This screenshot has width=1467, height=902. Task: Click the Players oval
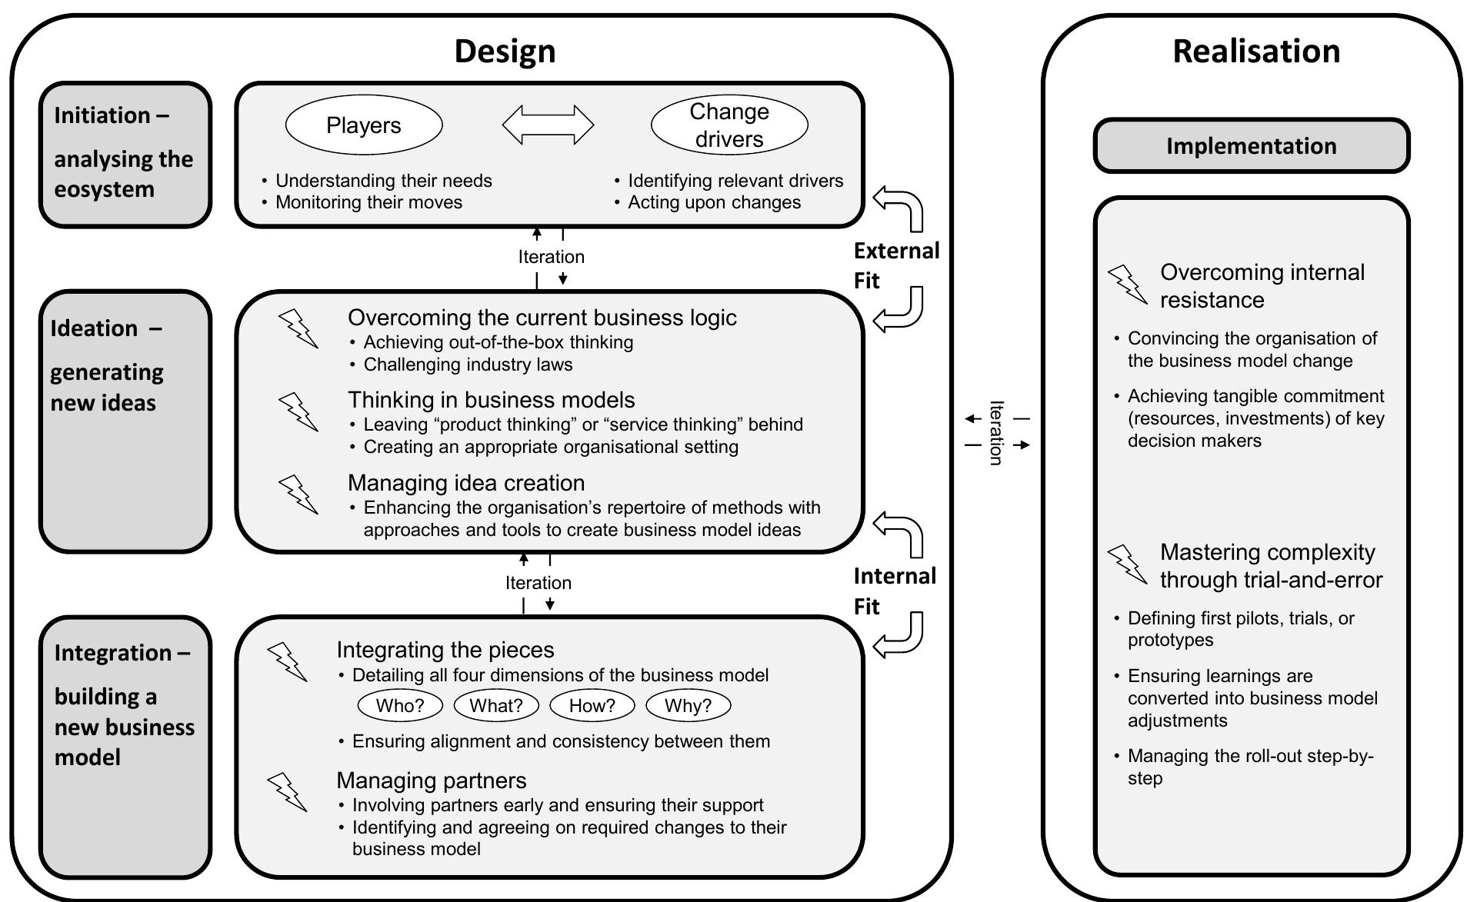click(364, 125)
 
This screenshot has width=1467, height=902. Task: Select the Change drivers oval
click(729, 125)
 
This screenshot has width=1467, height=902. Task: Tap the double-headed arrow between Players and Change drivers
click(548, 125)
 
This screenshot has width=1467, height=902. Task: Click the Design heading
click(505, 52)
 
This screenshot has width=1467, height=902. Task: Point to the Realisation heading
click(1255, 52)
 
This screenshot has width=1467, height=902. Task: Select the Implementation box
click(1251, 146)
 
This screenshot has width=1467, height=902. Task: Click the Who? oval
click(400, 705)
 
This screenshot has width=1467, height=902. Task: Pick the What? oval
click(496, 705)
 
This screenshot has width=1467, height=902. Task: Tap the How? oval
click(592, 705)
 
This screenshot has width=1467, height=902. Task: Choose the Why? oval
click(688, 705)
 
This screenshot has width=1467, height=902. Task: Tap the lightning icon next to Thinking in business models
click(298, 411)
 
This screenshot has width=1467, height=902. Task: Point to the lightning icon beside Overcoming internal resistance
click(1127, 285)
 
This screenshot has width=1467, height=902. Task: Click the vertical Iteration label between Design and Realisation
click(997, 432)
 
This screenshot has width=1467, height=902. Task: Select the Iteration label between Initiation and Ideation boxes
click(551, 257)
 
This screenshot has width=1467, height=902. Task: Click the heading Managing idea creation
click(466, 483)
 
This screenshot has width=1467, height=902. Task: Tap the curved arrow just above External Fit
click(899, 208)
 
